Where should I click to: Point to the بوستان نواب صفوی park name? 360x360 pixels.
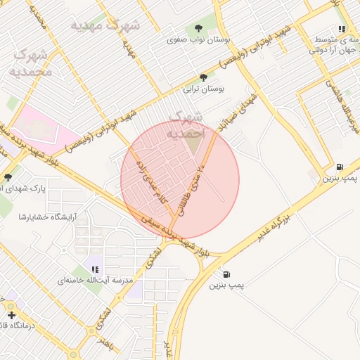pyautogui.click(x=189, y=40)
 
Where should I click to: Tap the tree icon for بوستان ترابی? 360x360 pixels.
pyautogui.click(x=204, y=77)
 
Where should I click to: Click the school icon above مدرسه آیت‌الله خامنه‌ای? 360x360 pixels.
pyautogui.click(x=95, y=269)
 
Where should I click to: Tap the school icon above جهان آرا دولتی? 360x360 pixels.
pyautogui.click(x=342, y=30)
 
